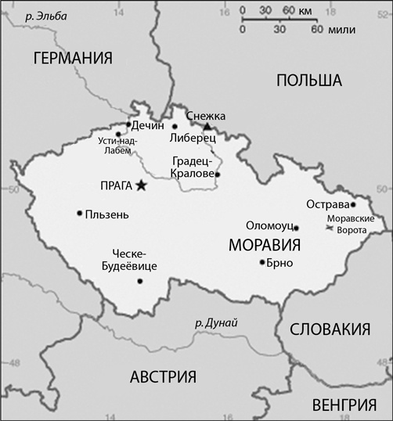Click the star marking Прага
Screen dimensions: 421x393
[x=141, y=185]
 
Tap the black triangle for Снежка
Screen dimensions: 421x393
[x=207, y=127]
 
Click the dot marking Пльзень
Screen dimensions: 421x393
[x=79, y=213]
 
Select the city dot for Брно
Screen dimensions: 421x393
[x=261, y=262]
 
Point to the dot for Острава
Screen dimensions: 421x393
[x=353, y=205]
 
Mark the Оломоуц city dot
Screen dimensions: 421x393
[x=296, y=228]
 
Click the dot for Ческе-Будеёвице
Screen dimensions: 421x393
[x=140, y=281]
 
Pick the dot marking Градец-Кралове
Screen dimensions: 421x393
[x=218, y=175]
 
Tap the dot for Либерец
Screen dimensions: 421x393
[x=175, y=127]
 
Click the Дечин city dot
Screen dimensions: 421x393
[x=128, y=124]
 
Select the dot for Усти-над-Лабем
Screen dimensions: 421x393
[x=117, y=134]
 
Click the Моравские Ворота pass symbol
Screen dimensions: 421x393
[x=328, y=228]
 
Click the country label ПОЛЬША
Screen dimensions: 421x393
[x=310, y=80]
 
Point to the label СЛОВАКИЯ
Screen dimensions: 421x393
[x=329, y=329]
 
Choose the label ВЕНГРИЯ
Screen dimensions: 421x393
[x=344, y=405]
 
